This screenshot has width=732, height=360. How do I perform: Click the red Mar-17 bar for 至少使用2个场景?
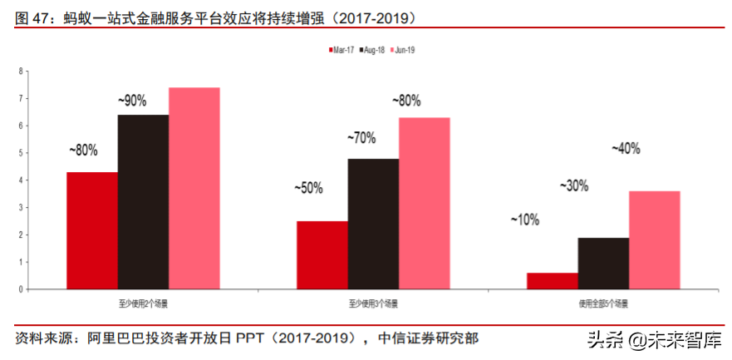tap(91, 230)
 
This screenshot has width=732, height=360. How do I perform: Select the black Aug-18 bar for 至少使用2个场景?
tap(143, 202)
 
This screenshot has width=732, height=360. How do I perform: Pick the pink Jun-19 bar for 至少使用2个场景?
tap(194, 188)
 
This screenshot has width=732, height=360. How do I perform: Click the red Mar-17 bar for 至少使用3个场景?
tap(322, 255)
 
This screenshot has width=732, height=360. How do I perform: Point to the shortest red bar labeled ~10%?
tap(553, 281)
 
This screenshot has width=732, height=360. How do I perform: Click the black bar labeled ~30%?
tap(603, 264)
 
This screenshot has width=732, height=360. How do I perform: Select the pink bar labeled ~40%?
tap(655, 240)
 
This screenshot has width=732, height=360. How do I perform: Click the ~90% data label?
tap(132, 101)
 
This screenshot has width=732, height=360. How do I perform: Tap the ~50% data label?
tap(308, 188)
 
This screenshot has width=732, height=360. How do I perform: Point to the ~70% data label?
tap(361, 138)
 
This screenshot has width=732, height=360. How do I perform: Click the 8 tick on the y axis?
tap(20, 72)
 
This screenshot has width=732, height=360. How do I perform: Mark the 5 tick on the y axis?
tap(20, 153)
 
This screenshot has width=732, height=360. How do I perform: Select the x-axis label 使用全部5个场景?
tap(604, 304)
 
